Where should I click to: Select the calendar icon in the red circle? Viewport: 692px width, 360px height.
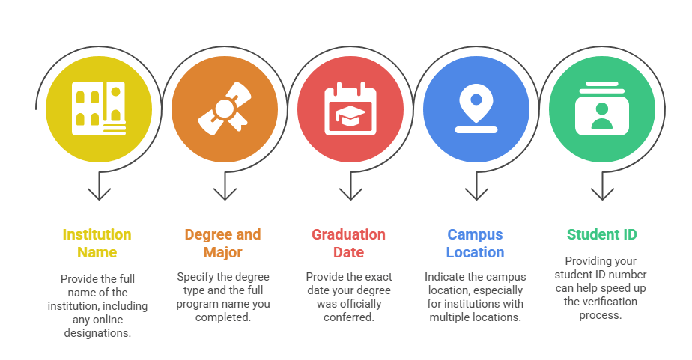coord(350,109)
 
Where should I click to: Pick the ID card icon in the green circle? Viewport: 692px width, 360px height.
coord(601,109)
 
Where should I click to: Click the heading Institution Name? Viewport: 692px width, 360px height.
coord(97,243)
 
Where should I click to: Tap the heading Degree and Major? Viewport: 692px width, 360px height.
coord(222,243)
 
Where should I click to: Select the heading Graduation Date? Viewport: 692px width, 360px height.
coord(348,243)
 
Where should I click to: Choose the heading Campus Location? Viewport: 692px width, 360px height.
coord(476,243)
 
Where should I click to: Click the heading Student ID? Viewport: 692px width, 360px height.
coord(601,234)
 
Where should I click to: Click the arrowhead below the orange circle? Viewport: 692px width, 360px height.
coord(224,195)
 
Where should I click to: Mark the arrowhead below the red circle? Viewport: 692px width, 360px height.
coord(350,195)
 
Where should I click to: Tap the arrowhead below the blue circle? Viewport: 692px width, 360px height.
coord(476,195)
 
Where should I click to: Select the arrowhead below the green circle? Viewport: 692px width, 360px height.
coord(601,195)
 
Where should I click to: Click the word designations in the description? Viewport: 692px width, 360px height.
coord(97,332)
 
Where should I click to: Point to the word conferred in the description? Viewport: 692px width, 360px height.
coord(348,317)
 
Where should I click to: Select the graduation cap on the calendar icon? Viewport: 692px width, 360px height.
coord(350,115)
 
